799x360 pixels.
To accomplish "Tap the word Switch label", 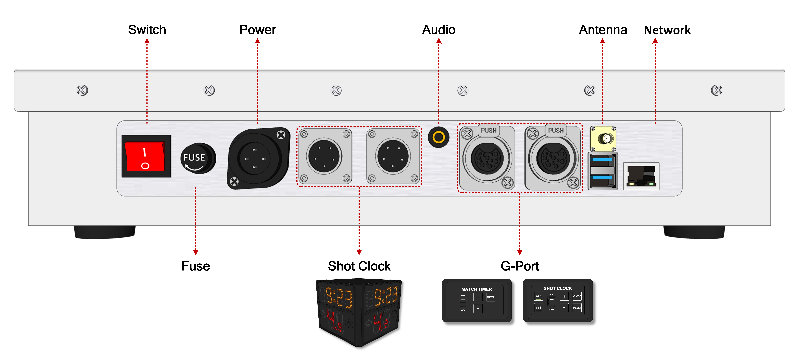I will (147, 30).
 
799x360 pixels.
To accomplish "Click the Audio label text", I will (439, 30).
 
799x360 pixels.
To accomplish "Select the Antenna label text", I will (603, 30).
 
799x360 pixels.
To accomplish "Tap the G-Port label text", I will (520, 266).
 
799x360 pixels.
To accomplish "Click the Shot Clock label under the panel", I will (359, 266).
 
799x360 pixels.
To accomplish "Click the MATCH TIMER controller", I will (476, 300).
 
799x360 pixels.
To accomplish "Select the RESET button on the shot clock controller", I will (577, 308).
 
